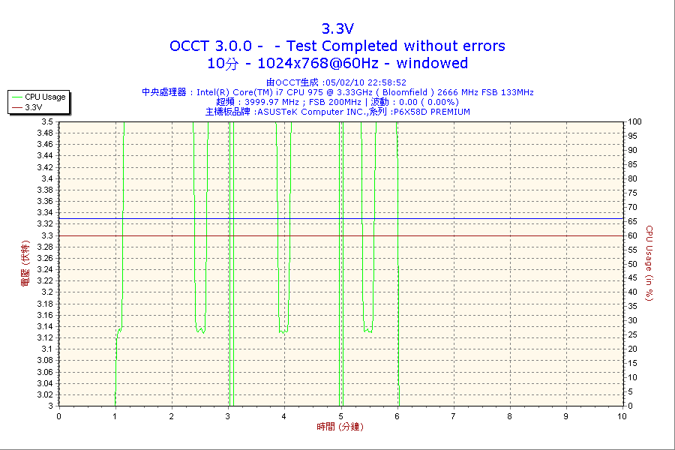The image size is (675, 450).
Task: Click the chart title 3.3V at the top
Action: pos(337,28)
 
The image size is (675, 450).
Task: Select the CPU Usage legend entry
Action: pos(45,97)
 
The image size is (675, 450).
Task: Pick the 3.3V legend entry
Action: pos(33,107)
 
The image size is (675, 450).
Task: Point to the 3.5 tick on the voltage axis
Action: pos(47,121)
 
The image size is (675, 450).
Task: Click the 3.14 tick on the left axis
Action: pos(45,326)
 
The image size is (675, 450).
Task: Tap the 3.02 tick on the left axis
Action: pos(45,394)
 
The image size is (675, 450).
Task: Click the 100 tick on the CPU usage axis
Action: pos(634,121)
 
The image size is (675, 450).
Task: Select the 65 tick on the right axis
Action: pos(631,221)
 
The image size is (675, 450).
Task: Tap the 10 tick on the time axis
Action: pos(622,415)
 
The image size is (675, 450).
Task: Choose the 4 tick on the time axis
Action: pos(284,415)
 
